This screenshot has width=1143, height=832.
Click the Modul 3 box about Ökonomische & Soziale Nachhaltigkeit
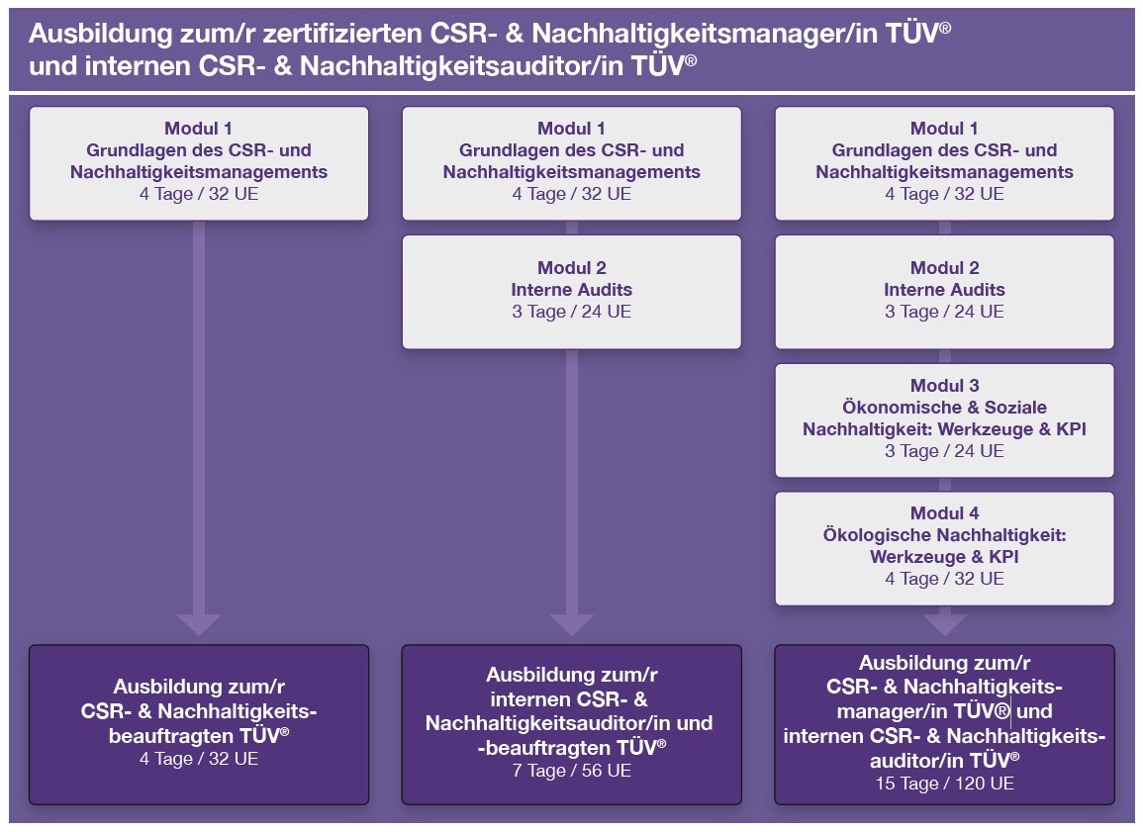click(944, 420)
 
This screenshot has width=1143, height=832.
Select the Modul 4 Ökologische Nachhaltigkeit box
click(944, 549)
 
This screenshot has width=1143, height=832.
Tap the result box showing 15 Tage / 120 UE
click(944, 724)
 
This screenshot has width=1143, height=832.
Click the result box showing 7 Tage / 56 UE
click(572, 724)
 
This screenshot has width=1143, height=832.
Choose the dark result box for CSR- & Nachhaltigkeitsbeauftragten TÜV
click(199, 724)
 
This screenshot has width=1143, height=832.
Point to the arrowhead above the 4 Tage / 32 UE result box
click(199, 624)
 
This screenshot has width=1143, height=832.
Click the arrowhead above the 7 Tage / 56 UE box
click(572, 624)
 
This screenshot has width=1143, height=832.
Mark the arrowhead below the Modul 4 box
click(945, 624)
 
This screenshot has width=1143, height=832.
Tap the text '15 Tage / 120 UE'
click(944, 784)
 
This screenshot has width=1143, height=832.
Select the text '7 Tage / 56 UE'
click(572, 771)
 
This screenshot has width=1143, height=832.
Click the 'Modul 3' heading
click(944, 386)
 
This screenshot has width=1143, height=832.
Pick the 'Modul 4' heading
click(944, 512)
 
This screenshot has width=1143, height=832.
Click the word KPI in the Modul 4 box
click(1003, 557)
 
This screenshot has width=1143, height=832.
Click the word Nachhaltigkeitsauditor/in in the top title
click(461, 66)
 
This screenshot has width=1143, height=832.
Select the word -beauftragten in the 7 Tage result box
click(545, 748)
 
